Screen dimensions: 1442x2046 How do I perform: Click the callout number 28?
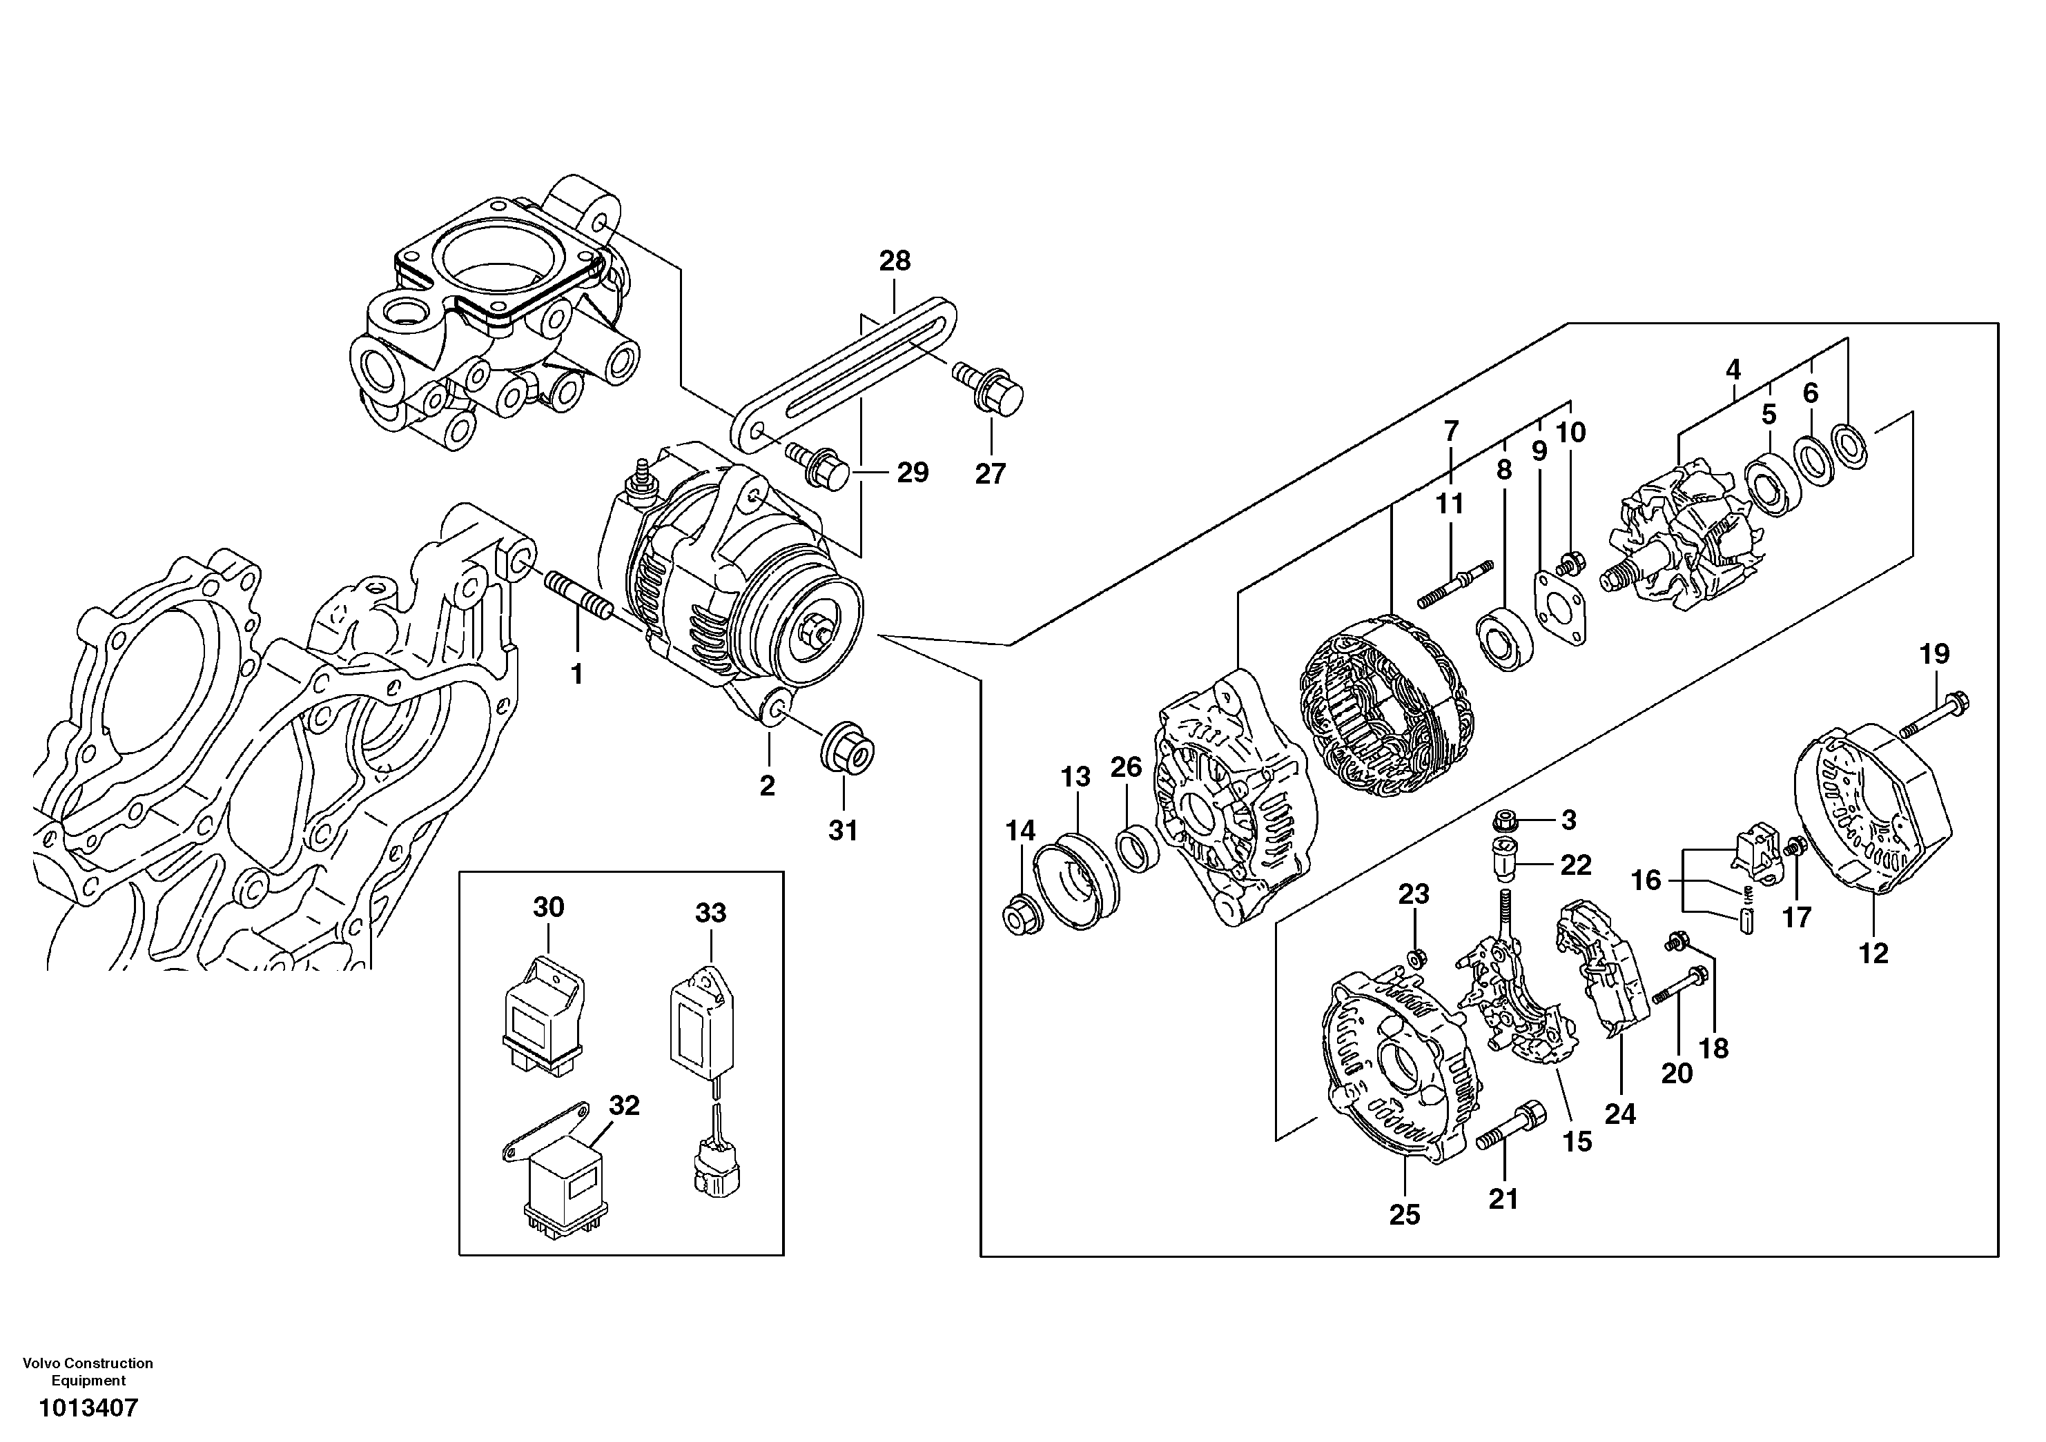click(x=895, y=261)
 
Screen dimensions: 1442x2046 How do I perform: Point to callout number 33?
click(x=710, y=913)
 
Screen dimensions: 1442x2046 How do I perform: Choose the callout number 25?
click(x=1405, y=1215)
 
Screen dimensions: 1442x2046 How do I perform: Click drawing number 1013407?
click(x=88, y=1408)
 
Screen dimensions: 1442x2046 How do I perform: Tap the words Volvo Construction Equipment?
click(x=88, y=1372)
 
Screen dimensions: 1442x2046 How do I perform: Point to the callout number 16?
click(x=1645, y=881)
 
